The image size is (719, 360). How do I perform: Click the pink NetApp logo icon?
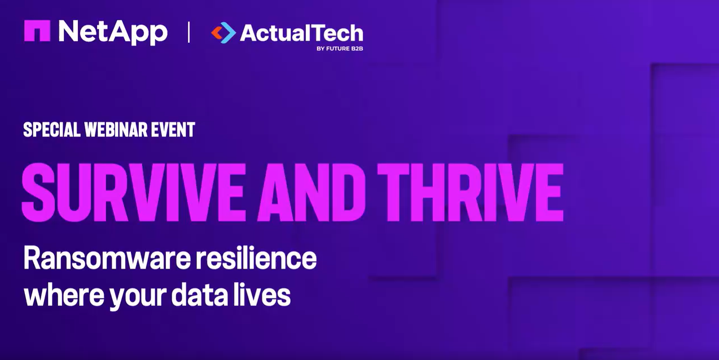[x=37, y=31]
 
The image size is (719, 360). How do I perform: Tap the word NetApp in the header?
[x=113, y=32]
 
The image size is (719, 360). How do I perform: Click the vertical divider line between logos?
[x=188, y=32]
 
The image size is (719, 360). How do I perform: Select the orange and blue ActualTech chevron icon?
[x=223, y=33]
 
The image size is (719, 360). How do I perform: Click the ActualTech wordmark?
[x=301, y=33]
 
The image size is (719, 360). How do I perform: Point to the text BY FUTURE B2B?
[x=340, y=49]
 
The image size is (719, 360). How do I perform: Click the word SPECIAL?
[x=52, y=130]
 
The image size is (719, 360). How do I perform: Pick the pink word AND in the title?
[x=312, y=192]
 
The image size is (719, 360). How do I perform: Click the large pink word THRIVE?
[x=470, y=192]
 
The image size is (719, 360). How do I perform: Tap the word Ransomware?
[x=107, y=258]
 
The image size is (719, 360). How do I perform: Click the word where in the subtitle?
[x=64, y=294]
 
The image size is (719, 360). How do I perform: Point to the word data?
[x=199, y=294]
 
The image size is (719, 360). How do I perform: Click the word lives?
[x=262, y=294]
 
